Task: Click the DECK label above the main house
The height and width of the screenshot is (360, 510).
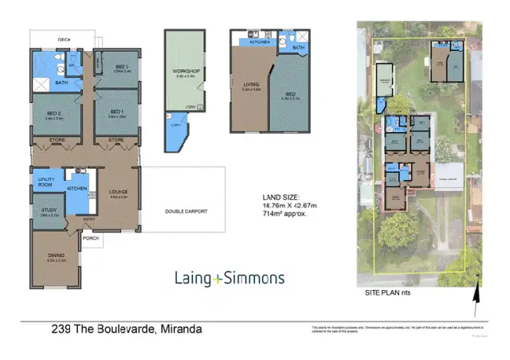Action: tap(64, 38)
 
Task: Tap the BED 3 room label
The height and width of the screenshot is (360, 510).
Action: tap(121, 68)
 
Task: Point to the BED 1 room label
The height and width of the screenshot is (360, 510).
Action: tap(116, 112)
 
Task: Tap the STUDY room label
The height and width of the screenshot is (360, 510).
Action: tap(48, 211)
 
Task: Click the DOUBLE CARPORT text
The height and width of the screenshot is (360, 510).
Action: tap(186, 211)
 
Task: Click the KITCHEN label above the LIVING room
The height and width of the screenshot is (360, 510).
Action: tap(257, 41)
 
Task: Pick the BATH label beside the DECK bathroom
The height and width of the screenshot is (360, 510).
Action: tap(61, 82)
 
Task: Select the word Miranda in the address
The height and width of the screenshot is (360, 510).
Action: tap(182, 328)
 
